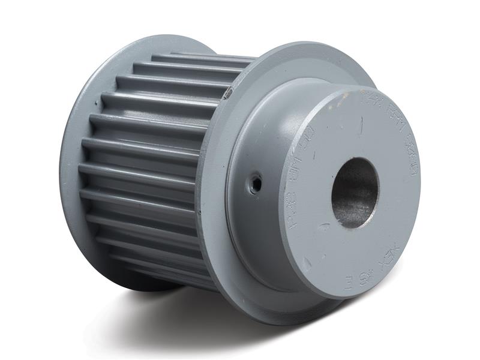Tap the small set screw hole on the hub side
pyautogui.click(x=256, y=182)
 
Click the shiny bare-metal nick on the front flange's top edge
pyautogui.click(x=229, y=92)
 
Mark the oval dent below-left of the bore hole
pyautogui.click(x=325, y=227)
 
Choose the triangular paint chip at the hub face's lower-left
pyautogui.click(x=307, y=263)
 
